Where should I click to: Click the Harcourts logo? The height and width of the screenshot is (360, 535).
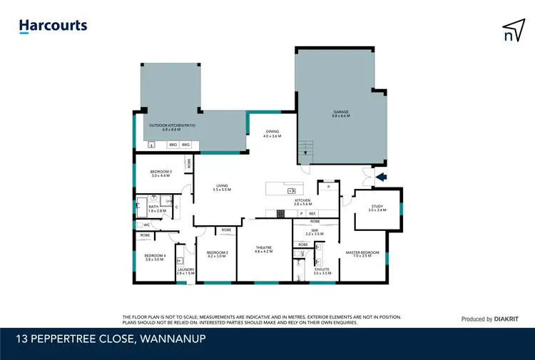(53, 26)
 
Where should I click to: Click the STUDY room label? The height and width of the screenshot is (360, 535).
(376, 208)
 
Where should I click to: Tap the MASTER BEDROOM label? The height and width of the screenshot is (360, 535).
(362, 252)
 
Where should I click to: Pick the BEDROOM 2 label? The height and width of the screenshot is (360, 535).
(217, 253)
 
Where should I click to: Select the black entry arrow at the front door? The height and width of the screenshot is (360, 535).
(381, 178)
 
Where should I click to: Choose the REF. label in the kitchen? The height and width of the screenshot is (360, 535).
(312, 213)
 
